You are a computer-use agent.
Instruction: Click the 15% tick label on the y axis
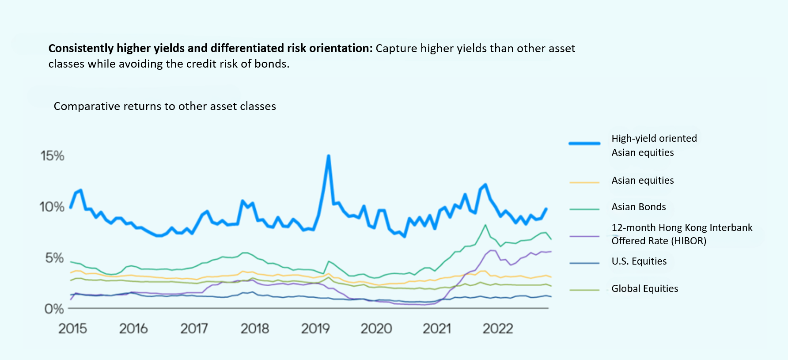(x=53, y=156)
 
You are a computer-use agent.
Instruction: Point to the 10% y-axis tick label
(x=52, y=207)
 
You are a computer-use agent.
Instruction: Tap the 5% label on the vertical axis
(x=54, y=258)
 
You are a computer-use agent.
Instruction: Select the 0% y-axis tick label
(x=54, y=309)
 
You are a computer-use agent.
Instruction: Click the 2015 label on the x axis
(x=73, y=329)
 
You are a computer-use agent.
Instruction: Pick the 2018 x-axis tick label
(x=255, y=329)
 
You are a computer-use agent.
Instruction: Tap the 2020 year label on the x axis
(x=376, y=329)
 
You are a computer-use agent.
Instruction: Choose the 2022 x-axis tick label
(x=498, y=329)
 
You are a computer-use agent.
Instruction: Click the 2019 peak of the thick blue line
(x=328, y=156)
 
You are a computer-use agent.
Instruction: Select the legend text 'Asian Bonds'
(x=638, y=207)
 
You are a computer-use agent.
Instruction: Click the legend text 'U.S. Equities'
(x=639, y=261)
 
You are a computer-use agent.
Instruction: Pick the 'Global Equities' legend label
(x=644, y=288)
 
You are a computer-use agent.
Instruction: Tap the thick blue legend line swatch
(x=584, y=144)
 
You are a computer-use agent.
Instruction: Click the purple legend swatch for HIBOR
(x=584, y=236)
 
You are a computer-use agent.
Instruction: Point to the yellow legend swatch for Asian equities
(x=584, y=182)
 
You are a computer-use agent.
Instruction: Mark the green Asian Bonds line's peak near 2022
(x=485, y=225)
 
